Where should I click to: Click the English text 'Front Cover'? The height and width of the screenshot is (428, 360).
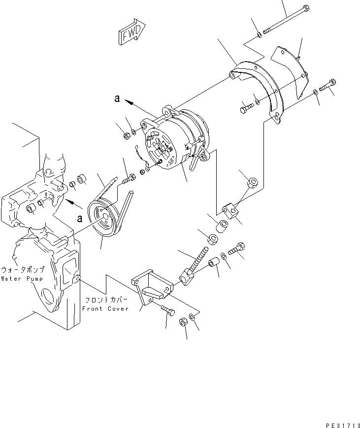pos(105,309)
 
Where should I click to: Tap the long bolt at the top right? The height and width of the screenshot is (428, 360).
pos(286,20)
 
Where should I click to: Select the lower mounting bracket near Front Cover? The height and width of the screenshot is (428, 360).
pos(152,291)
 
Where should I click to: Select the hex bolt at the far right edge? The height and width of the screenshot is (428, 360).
pos(328,86)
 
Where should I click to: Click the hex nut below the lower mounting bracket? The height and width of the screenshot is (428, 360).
pos(181,322)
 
